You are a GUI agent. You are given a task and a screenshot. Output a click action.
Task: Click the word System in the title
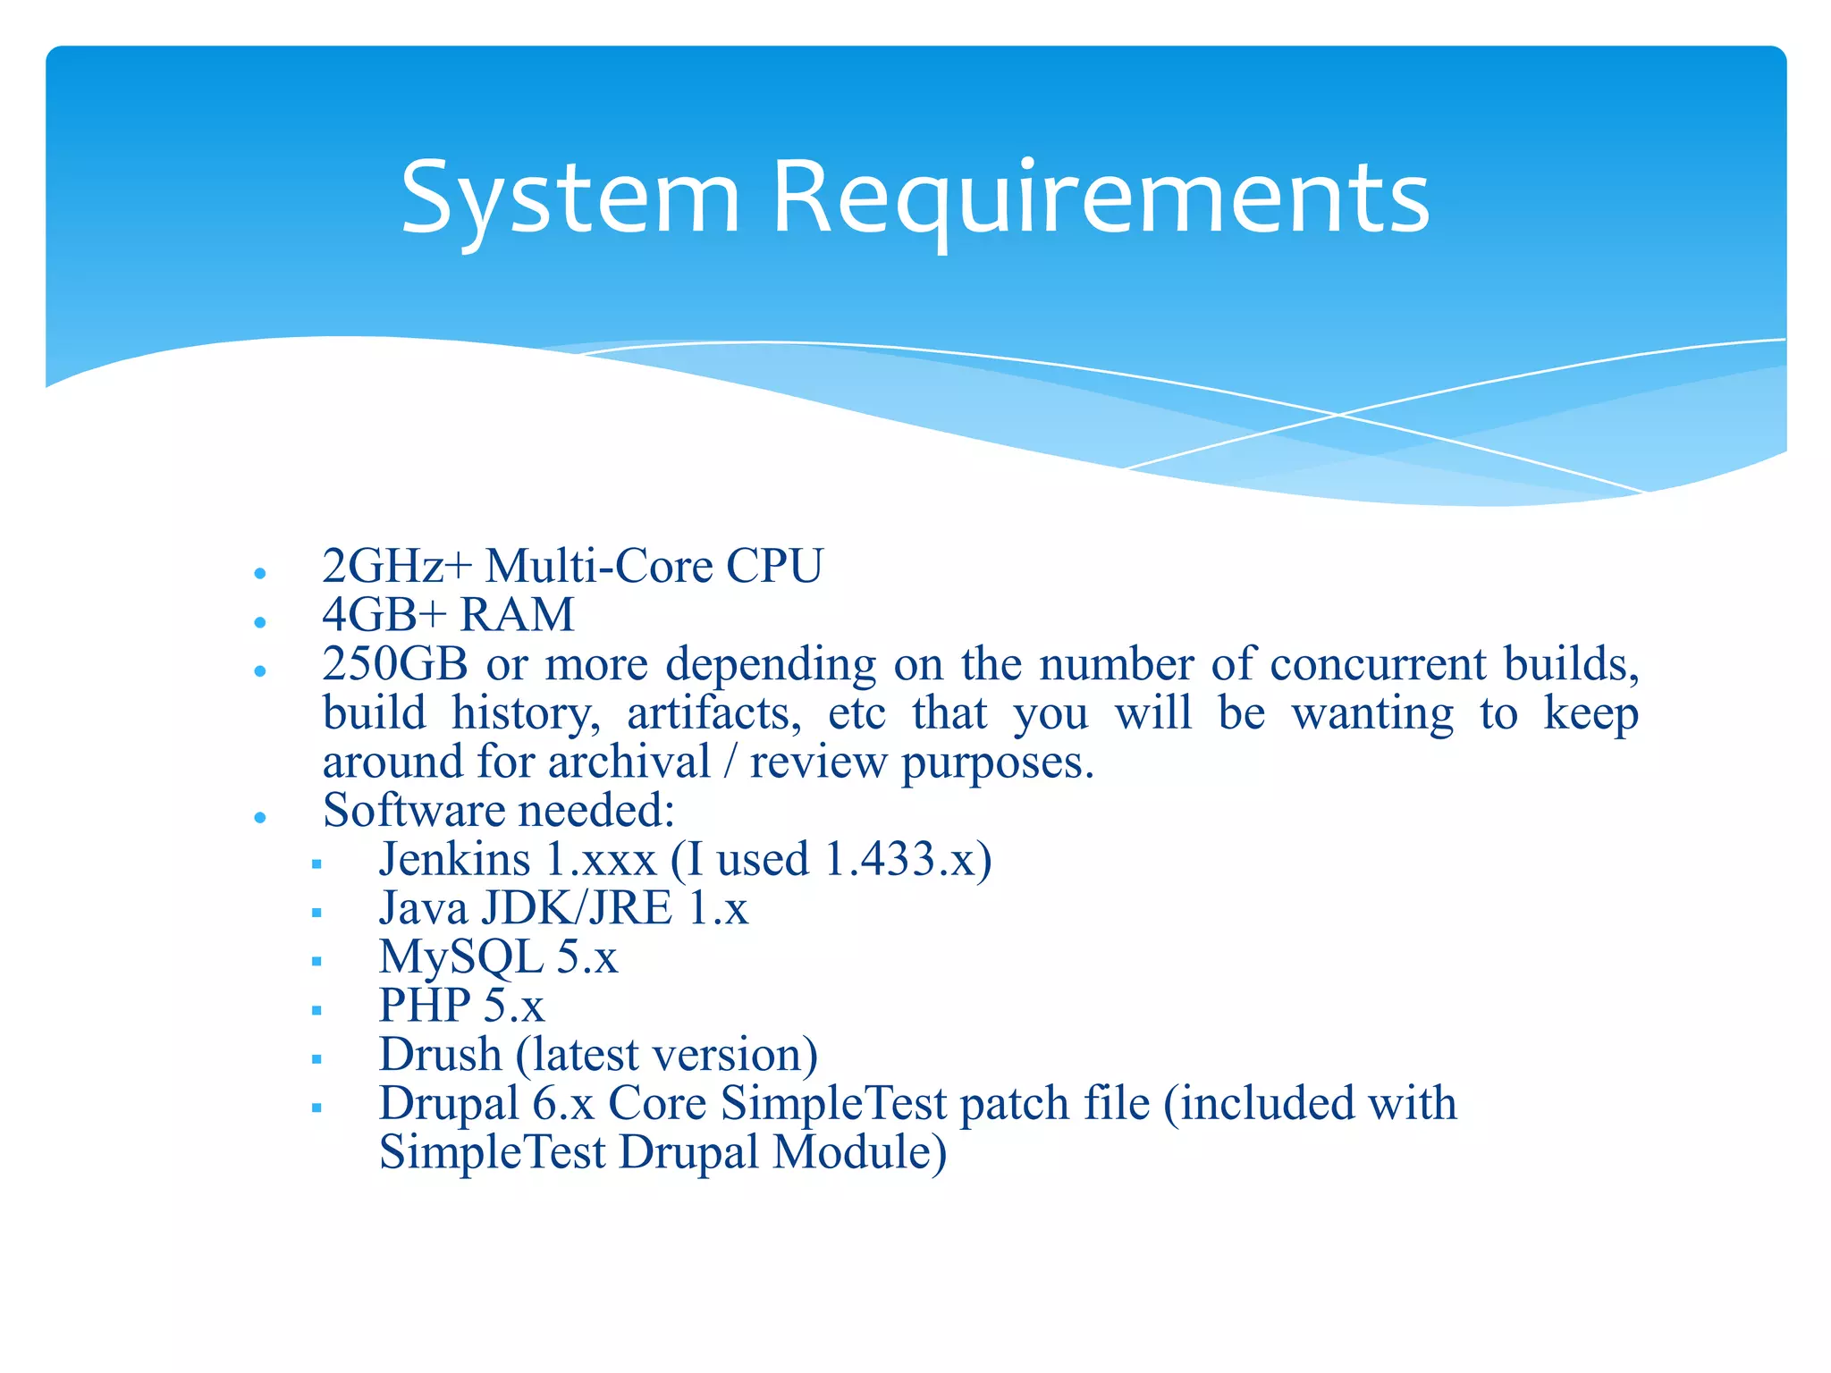point(570,198)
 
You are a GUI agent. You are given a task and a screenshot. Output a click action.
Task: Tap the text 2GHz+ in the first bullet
point(396,566)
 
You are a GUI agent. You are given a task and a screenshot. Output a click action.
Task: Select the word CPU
point(773,566)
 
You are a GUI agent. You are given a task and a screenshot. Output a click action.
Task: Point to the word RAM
point(517,615)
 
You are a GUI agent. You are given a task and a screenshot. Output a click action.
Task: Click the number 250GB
point(395,664)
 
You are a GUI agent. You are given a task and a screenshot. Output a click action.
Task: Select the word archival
point(629,762)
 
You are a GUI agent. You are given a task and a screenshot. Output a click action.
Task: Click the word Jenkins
point(454,859)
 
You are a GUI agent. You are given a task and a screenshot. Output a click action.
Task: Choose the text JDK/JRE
point(577,908)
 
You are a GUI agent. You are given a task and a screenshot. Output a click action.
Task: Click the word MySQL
point(460,957)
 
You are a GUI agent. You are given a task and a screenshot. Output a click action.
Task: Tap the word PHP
point(425,1006)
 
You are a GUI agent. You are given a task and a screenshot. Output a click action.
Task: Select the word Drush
point(440,1055)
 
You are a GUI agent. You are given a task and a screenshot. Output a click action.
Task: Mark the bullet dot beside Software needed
point(260,817)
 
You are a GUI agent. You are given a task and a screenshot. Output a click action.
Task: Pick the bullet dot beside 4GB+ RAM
point(260,621)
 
